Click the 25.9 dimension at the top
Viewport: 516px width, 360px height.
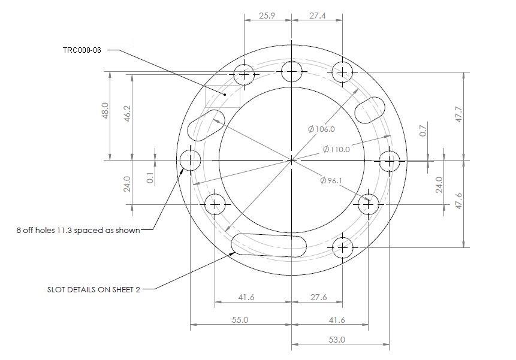click(267, 16)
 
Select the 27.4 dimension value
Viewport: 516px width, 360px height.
click(316, 16)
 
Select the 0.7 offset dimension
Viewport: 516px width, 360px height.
click(423, 131)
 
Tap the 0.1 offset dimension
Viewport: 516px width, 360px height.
click(150, 178)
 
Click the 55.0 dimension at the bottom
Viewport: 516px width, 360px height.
click(240, 320)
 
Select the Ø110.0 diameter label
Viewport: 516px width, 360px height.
click(336, 149)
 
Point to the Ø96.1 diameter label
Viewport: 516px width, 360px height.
click(331, 180)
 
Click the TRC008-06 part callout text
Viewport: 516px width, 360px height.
click(82, 50)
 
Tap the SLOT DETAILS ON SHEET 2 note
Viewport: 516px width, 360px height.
click(93, 289)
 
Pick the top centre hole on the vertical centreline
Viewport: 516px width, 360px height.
click(292, 71)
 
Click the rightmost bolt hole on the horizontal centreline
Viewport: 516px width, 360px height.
click(390, 161)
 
